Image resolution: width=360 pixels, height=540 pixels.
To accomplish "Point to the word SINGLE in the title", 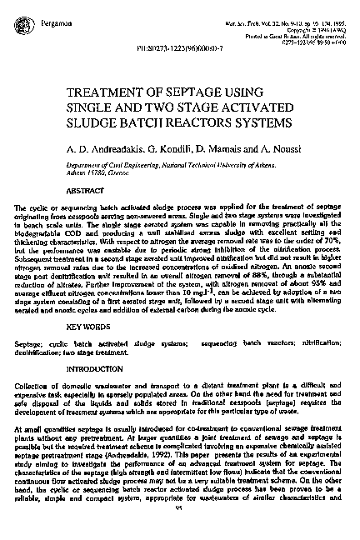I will (92, 112).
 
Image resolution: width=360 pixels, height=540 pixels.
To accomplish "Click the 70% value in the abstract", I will (333, 249).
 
